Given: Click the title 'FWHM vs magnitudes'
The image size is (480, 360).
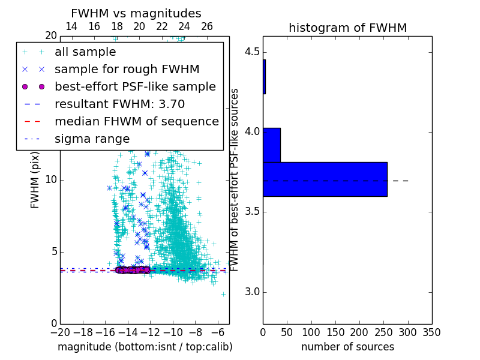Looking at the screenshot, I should [x=136, y=13].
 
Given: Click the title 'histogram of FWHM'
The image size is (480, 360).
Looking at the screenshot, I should [x=347, y=28].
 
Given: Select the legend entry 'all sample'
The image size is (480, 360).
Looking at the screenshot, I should [x=85, y=52].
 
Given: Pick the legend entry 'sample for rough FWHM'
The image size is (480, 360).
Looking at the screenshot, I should [x=127, y=70].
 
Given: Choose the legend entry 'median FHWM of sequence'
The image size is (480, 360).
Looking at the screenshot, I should [x=136, y=122].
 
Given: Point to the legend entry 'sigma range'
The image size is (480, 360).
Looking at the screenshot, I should [x=92, y=139].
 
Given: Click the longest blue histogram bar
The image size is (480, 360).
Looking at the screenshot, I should [x=325, y=179].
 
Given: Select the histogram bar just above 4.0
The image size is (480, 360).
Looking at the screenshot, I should [x=272, y=145].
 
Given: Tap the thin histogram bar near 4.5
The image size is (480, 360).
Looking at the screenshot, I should [x=264, y=76].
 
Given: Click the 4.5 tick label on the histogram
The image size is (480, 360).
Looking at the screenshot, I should [x=251, y=52].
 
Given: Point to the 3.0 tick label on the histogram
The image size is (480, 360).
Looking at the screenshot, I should [x=251, y=292].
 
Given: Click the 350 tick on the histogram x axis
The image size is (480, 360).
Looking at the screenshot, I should [x=431, y=332].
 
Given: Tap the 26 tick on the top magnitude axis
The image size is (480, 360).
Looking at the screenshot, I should [x=207, y=26].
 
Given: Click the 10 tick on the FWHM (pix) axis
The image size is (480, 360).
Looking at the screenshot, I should [x=51, y=179].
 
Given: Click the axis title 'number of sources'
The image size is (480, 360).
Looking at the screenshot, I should [x=347, y=347].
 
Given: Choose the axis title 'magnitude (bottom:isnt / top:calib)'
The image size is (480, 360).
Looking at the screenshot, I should [x=145, y=347].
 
